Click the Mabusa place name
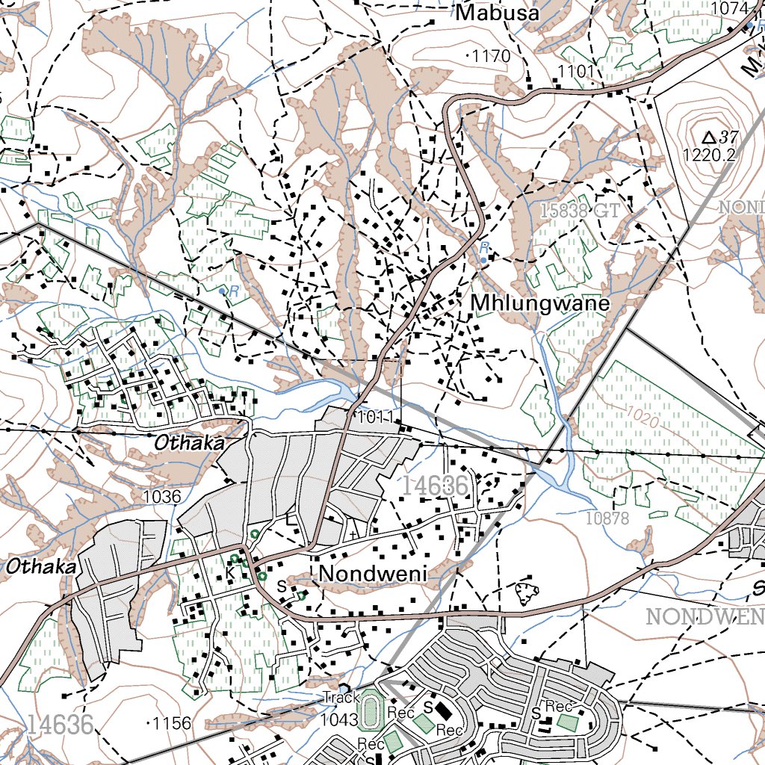pyautogui.click(x=498, y=13)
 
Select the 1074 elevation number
pyautogui.click(x=730, y=7)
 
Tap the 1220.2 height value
pyautogui.click(x=709, y=155)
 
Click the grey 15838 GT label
pyautogui.click(x=580, y=211)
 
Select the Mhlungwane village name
pyautogui.click(x=540, y=304)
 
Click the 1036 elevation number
pyautogui.click(x=161, y=496)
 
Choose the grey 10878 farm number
pyautogui.click(x=607, y=518)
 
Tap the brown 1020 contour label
pyautogui.click(x=642, y=418)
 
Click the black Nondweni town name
pyautogui.click(x=372, y=574)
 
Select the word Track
pyautogui.click(x=342, y=698)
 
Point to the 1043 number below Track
pyautogui.click(x=339, y=719)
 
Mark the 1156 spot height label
pyautogui.click(x=173, y=723)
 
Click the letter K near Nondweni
pyautogui.click(x=230, y=572)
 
